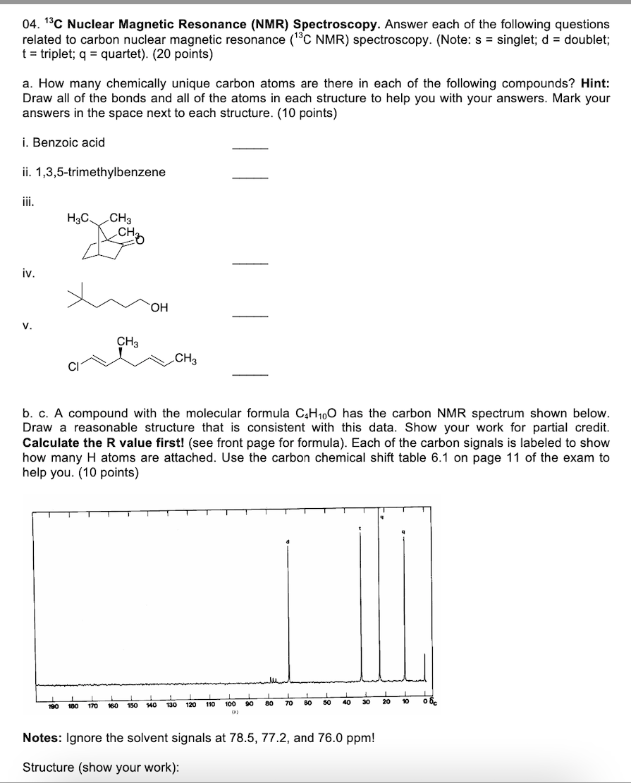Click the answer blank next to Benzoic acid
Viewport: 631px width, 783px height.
250,147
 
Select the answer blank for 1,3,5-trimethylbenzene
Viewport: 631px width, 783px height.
250,176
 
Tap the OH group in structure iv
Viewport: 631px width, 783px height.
159,307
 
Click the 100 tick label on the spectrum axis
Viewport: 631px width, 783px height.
230,703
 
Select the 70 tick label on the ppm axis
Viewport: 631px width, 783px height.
288,703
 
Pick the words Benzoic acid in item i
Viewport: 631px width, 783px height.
71,142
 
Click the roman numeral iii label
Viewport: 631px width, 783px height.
27,201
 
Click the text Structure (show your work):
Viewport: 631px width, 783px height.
100,766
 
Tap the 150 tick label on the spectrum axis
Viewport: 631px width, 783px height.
131,703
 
